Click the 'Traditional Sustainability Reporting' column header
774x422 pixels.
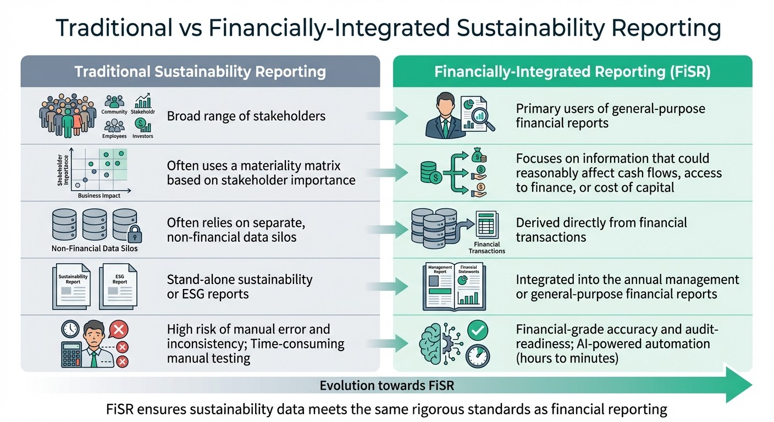pos(200,72)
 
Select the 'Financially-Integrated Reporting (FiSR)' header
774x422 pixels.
pos(572,72)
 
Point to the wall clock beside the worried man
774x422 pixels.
pos(70,329)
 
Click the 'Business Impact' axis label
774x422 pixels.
pos(99,196)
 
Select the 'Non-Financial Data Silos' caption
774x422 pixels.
pos(95,248)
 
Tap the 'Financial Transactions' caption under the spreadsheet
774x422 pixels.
pos(487,248)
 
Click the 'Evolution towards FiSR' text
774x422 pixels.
pos(387,386)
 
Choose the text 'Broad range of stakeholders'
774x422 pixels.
pos(246,116)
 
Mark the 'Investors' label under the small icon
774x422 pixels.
pos(143,136)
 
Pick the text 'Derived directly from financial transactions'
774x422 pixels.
pos(601,230)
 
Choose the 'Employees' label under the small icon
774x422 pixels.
pos(114,136)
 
